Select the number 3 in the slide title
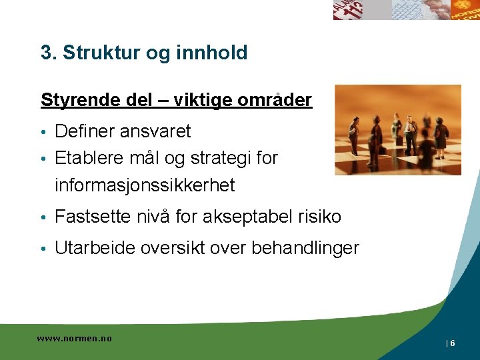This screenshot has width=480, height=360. pyautogui.click(x=45, y=53)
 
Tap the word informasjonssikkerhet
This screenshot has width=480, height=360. pyautogui.click(x=145, y=185)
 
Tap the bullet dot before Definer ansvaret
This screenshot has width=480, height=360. pyautogui.click(x=43, y=132)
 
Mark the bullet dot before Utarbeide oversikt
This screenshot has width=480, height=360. pyautogui.click(x=43, y=249)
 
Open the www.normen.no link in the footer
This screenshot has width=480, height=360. pyautogui.click(x=74, y=339)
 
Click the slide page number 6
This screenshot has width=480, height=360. pyautogui.click(x=453, y=343)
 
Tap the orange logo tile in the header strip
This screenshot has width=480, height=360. pyautogui.click(x=465, y=9)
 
